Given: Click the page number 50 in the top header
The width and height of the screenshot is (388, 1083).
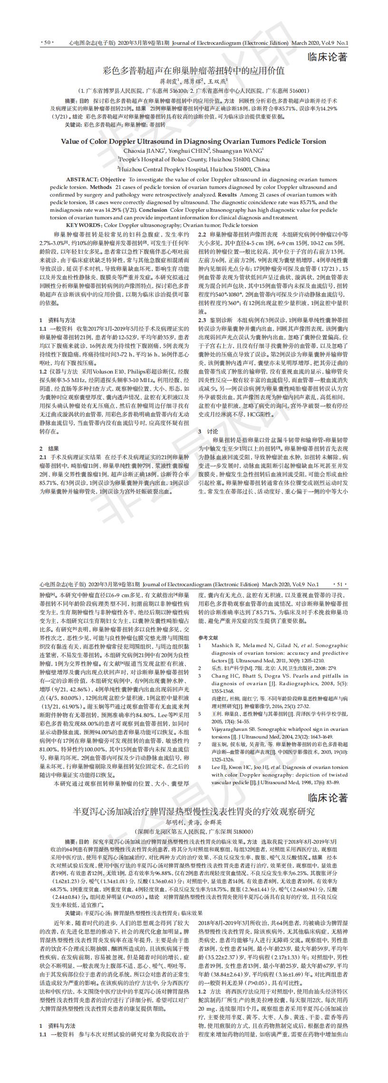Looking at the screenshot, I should click(x=47, y=43).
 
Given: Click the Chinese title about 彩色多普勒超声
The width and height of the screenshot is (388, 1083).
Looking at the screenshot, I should click(x=194, y=71).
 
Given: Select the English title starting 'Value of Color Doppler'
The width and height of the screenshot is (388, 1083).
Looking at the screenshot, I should click(x=194, y=141).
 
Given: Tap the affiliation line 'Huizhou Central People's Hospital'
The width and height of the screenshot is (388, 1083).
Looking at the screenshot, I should click(x=194, y=169).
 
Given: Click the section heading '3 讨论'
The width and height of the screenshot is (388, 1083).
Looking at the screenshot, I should click(x=208, y=418).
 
